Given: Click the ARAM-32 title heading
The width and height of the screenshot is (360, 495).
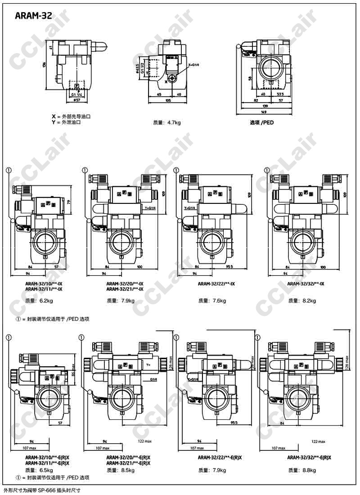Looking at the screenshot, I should point(33,17).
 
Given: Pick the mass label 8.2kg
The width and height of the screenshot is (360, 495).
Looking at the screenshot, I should point(305,300).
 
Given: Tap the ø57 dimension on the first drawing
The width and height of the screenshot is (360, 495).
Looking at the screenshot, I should point(76,100).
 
